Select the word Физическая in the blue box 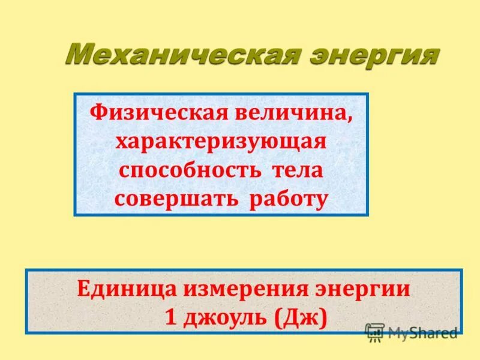coord(153,112)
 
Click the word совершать coord(180,199)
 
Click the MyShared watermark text coord(422,332)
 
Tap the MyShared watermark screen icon coord(374,332)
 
